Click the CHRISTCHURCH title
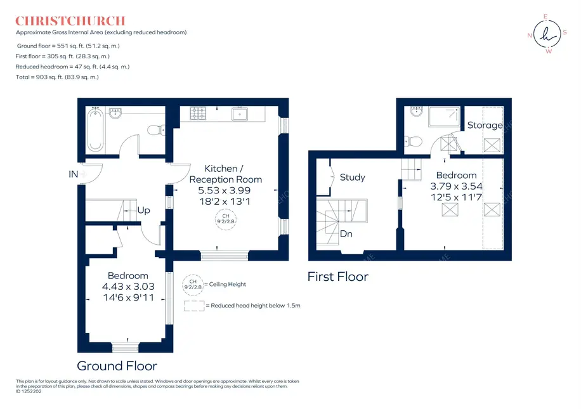pyautogui.click(x=70, y=21)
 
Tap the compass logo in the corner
pyautogui.click(x=547, y=34)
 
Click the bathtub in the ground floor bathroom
pyautogui.click(x=95, y=130)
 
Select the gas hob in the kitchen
pyautogui.click(x=198, y=114)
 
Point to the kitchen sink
pyautogui.click(x=240, y=114)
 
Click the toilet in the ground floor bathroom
pyautogui.click(x=156, y=130)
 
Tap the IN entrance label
pyautogui.click(x=74, y=174)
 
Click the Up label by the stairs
pyautogui.click(x=144, y=211)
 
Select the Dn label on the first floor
pyautogui.click(x=346, y=234)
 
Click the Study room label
pyautogui.click(x=353, y=178)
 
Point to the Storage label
pyautogui.click(x=485, y=125)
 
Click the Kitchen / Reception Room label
pyautogui.click(x=226, y=174)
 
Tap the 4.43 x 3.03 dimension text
pyautogui.click(x=128, y=287)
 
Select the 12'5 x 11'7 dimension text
pyautogui.click(x=457, y=197)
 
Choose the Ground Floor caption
pyautogui.click(x=117, y=366)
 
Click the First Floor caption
pyautogui.click(x=338, y=276)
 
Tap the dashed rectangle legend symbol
pyautogui.click(x=194, y=306)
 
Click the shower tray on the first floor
pyautogui.click(x=444, y=116)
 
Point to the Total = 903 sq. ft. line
pyautogui.click(x=57, y=77)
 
